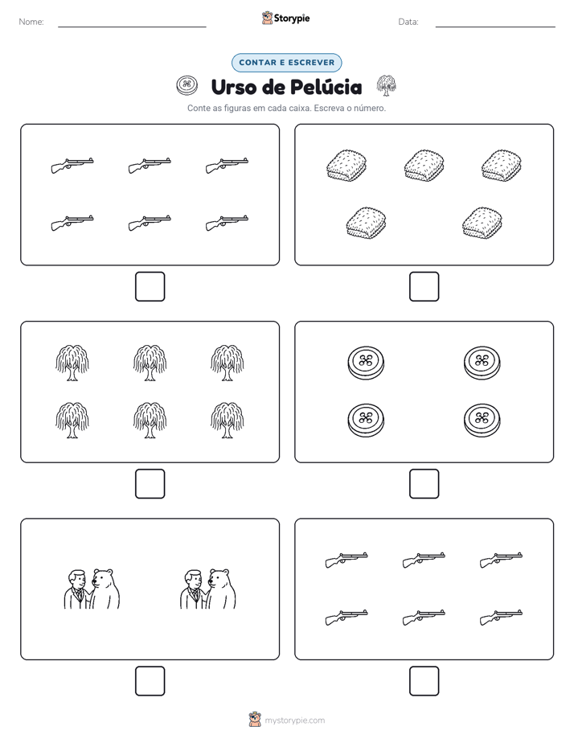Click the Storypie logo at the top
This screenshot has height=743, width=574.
click(x=285, y=18)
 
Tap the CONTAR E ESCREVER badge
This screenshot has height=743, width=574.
click(x=286, y=63)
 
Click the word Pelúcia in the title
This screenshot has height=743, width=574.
click(x=326, y=87)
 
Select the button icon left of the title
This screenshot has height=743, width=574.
click(x=187, y=85)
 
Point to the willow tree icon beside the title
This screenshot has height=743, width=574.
click(x=386, y=85)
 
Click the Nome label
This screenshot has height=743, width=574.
click(x=31, y=22)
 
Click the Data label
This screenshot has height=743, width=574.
click(x=408, y=22)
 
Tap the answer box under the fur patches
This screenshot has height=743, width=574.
click(x=424, y=287)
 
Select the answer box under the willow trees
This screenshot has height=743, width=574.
click(x=150, y=484)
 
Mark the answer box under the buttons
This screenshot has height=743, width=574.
click(x=424, y=484)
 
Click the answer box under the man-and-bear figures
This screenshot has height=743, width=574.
click(x=150, y=681)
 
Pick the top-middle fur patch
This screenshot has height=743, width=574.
click(x=424, y=166)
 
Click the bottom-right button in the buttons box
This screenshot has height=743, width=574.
click(x=482, y=420)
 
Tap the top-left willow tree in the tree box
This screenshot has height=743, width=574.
click(x=72, y=363)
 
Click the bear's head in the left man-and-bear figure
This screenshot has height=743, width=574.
click(x=103, y=578)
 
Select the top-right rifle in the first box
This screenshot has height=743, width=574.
click(x=227, y=166)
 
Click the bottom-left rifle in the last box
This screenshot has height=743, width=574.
click(x=346, y=618)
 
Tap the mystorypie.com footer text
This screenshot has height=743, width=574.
click(x=294, y=720)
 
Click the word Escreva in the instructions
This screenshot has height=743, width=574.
click(x=329, y=108)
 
